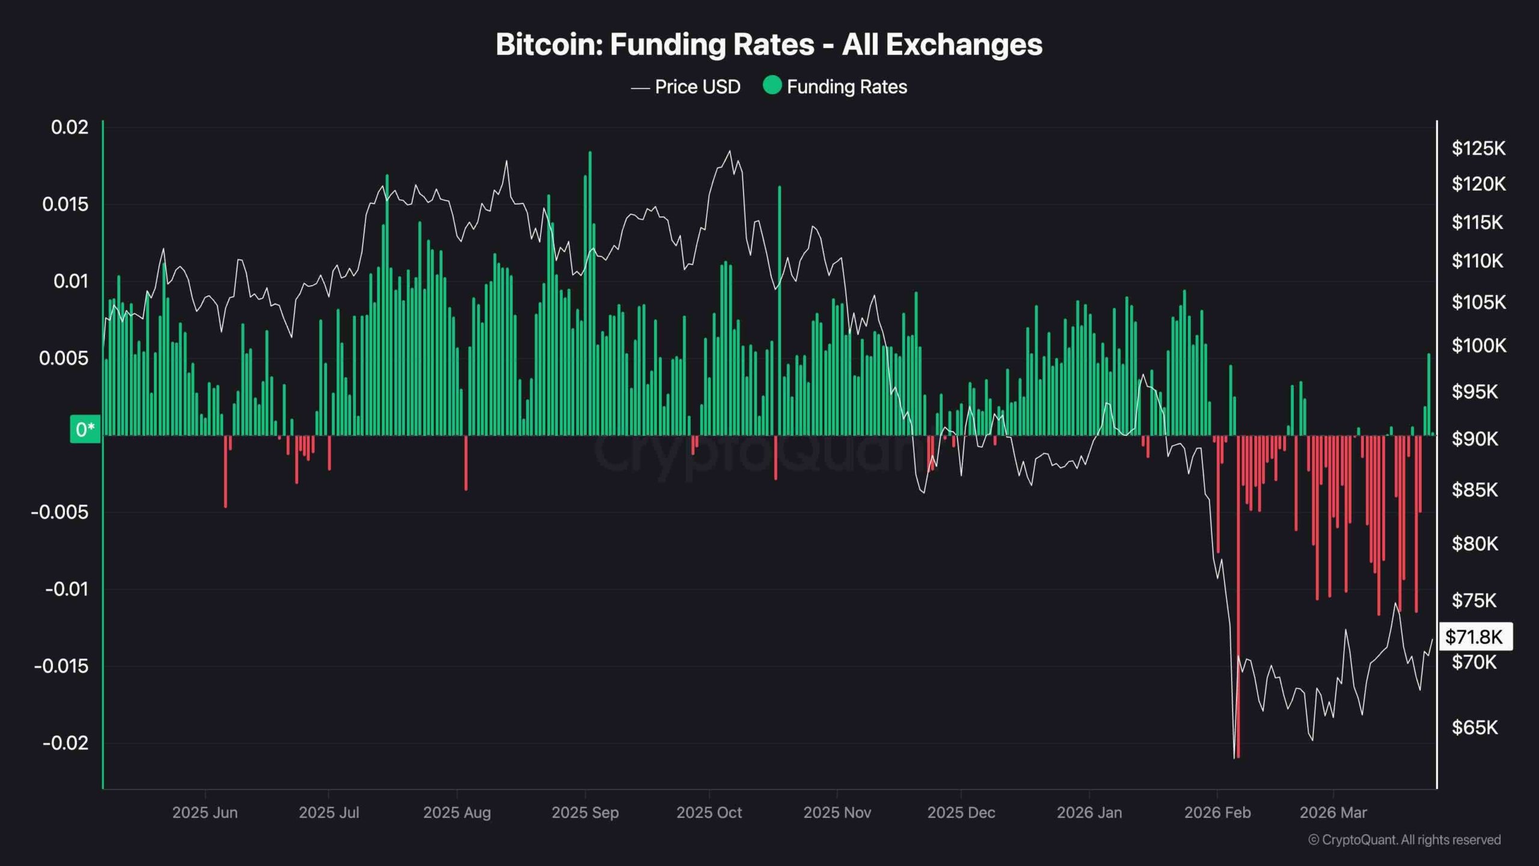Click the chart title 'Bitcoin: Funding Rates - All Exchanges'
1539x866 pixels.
769,45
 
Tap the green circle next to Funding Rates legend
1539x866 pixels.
772,85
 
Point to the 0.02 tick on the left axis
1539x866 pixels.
70,127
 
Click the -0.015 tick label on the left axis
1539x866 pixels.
61,666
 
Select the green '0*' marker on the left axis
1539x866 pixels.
85,429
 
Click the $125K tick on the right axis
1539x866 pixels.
1478,149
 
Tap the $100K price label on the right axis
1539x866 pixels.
1478,346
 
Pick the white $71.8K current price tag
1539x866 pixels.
1475,637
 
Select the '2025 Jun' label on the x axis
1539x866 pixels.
205,813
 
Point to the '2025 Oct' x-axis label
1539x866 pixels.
709,813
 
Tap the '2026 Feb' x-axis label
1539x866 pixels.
1217,813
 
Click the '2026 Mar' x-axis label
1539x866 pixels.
1333,813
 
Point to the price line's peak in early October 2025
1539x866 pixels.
730,152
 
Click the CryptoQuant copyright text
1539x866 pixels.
1404,840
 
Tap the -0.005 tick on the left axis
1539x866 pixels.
60,512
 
